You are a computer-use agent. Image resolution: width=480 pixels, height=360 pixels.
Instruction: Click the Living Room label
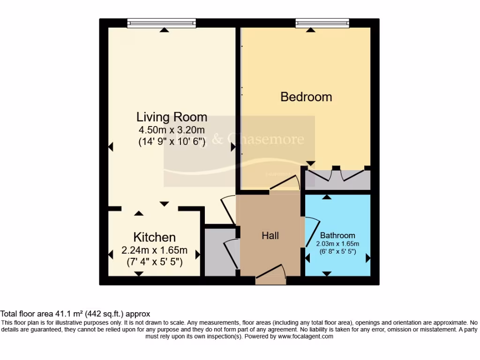pyautogui.click(x=172, y=116)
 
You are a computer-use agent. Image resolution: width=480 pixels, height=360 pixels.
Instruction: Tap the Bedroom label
pyautogui.click(x=306, y=97)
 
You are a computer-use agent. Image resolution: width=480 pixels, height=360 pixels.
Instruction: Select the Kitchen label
pyautogui.click(x=154, y=237)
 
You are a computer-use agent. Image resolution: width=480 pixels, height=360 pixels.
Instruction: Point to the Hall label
pyautogui.click(x=270, y=235)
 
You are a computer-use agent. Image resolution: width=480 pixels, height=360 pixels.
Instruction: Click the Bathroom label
pyautogui.click(x=337, y=235)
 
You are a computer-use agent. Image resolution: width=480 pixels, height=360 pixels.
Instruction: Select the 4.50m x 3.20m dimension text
pyautogui.click(x=172, y=130)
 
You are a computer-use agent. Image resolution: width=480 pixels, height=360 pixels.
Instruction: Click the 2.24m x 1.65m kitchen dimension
pyautogui.click(x=154, y=249)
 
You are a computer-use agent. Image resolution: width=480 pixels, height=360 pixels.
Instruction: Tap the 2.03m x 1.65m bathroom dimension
pyautogui.click(x=337, y=243)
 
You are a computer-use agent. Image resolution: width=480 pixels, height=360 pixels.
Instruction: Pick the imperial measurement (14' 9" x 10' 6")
pyautogui.click(x=172, y=142)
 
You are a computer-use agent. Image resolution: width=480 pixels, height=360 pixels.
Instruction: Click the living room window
pyautogui.click(x=162, y=23)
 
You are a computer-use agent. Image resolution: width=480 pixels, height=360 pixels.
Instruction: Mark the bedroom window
pyautogui.click(x=322, y=23)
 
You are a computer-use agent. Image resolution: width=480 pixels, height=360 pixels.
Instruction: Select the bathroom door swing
pyautogui.click(x=312, y=232)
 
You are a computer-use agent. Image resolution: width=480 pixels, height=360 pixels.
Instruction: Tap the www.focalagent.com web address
pyautogui.click(x=305, y=336)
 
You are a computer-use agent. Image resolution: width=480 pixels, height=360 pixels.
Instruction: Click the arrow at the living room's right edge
pyautogui.click(x=233, y=147)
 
